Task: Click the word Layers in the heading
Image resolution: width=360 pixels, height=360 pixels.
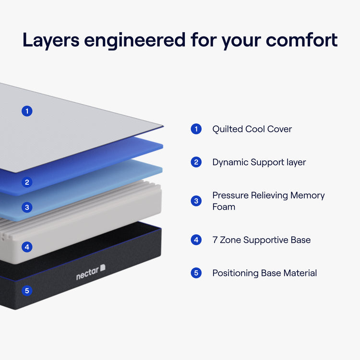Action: pos(50,41)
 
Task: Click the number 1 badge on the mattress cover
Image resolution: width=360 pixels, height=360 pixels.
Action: pos(27,111)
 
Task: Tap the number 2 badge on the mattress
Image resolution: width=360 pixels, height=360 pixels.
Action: pos(27,182)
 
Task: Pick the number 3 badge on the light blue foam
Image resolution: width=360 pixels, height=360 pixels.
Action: pos(27,207)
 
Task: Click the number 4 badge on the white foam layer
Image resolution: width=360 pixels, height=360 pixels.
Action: pos(27,247)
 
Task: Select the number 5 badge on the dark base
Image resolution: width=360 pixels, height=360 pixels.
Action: pos(27,290)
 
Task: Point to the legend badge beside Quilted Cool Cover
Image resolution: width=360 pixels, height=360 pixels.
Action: pos(196,129)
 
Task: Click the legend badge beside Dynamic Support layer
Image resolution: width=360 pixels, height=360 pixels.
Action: pos(196,162)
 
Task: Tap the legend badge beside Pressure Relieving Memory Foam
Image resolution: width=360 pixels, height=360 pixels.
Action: pos(196,201)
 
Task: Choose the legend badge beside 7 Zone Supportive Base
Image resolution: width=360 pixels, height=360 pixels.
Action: pos(196,240)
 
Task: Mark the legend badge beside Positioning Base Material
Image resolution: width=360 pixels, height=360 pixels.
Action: pos(196,273)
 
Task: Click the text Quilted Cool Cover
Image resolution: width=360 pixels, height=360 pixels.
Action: pos(252,129)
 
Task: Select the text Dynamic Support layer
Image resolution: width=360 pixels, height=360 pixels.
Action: pos(259,162)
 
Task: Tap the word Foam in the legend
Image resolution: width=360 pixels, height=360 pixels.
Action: pos(224,207)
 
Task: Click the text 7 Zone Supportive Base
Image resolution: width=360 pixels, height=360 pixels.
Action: pos(262,240)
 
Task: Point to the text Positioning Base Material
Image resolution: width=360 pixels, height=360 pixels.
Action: pos(264,273)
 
